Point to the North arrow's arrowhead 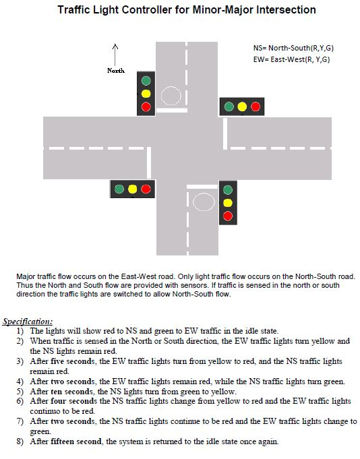115,46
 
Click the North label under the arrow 115,70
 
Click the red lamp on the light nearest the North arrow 146,106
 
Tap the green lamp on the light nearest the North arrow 146,80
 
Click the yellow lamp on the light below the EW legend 242,106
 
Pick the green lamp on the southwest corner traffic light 119,189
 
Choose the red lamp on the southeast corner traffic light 228,216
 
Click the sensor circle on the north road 171,96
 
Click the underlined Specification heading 28,322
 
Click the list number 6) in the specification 20,401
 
